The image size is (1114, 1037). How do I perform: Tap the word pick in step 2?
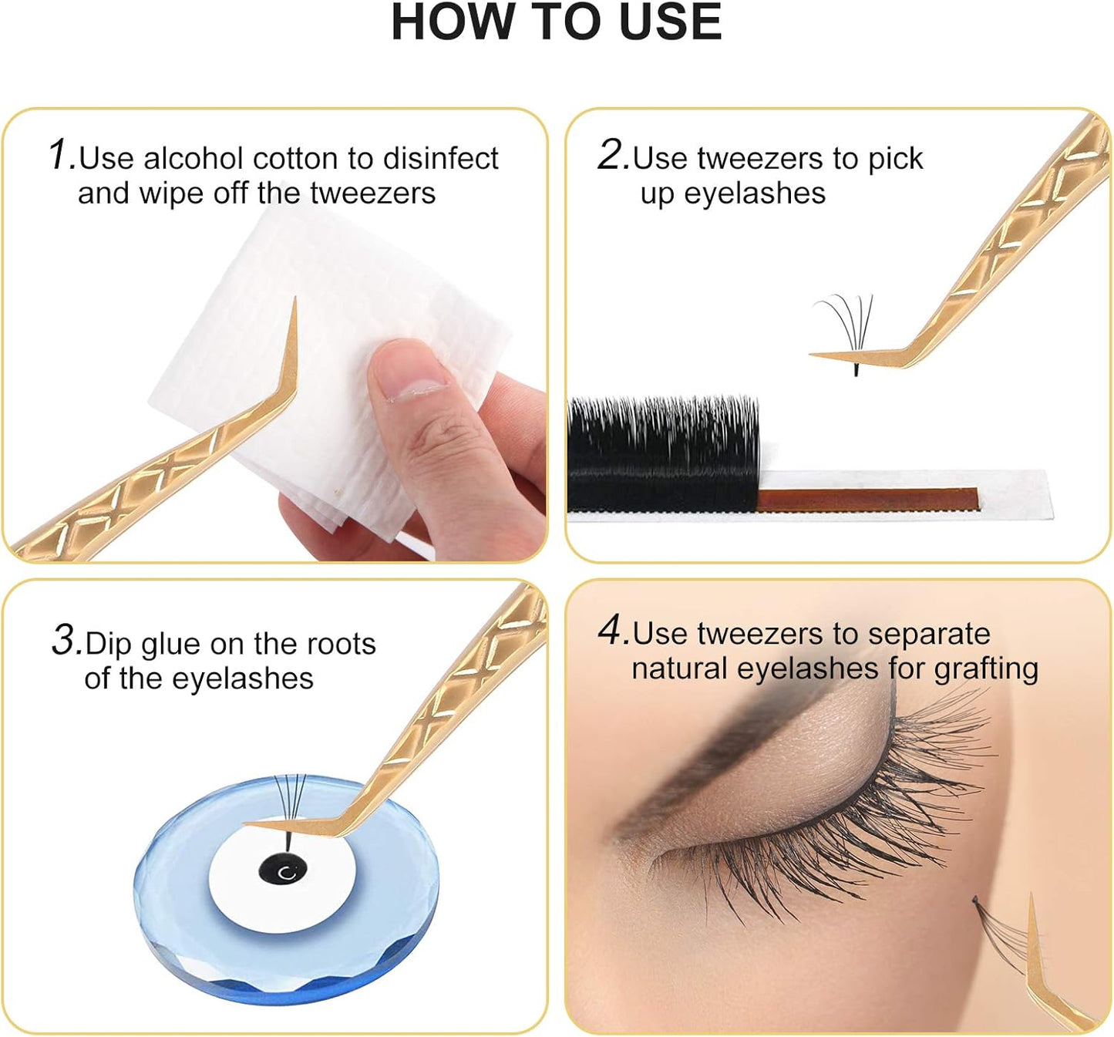(x=895, y=160)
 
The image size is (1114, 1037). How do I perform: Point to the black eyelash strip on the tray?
(x=663, y=455)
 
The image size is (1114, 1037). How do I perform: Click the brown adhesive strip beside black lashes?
(x=867, y=499)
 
